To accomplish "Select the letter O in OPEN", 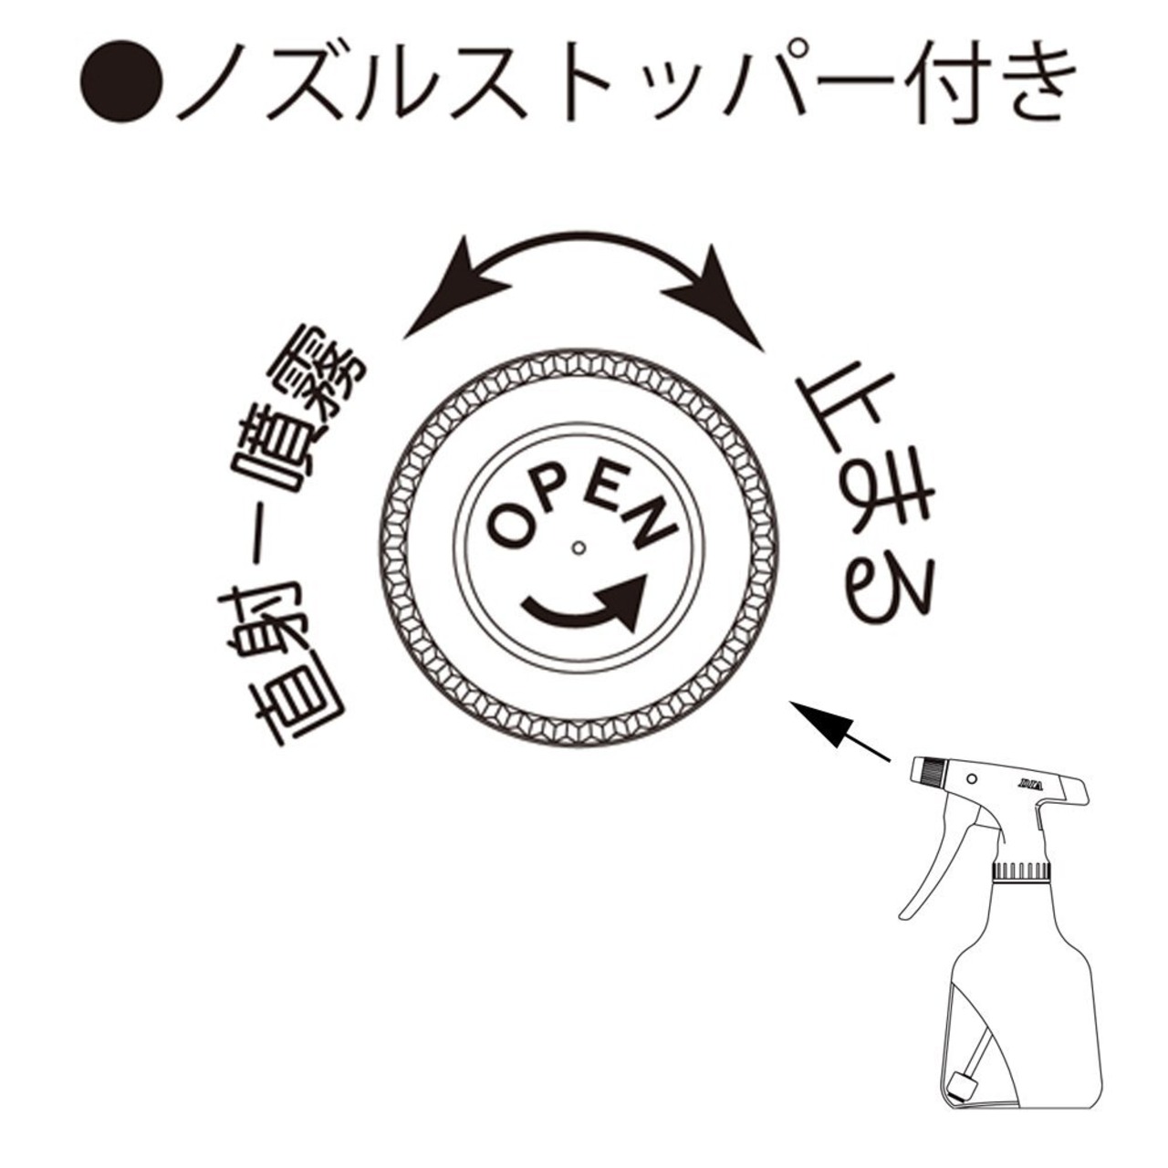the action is point(506,527).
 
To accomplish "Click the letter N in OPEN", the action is point(649,522).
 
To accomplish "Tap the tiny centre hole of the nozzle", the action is point(578,548).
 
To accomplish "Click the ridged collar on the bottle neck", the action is point(1021,871).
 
